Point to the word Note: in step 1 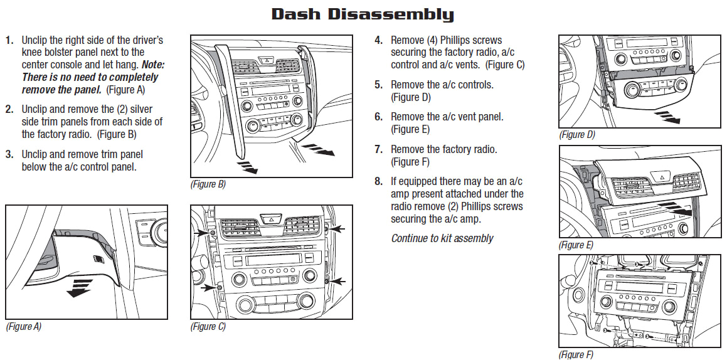[153, 65]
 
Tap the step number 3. [9, 154]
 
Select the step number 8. [378, 181]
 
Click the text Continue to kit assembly [442, 238]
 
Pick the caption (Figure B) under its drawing [208, 184]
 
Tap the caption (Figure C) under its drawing [208, 327]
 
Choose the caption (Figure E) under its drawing [576, 245]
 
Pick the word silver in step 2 [139, 109]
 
